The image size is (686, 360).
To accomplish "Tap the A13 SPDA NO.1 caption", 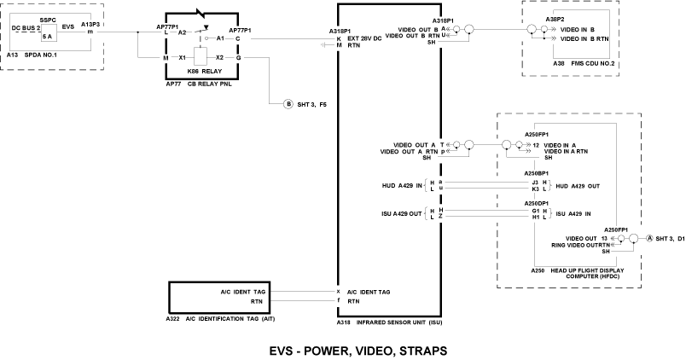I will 35,54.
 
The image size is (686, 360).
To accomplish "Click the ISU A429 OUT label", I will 403,213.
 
